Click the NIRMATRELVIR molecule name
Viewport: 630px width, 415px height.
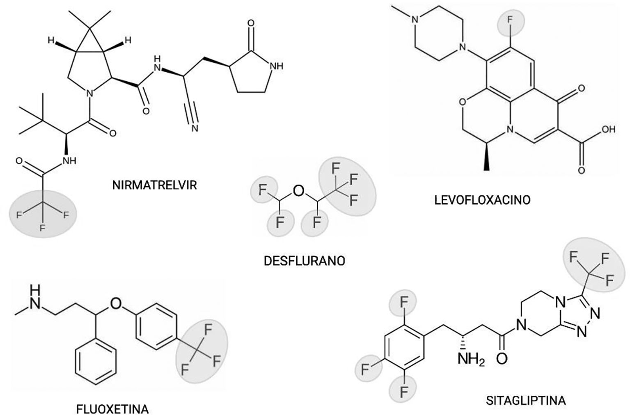click(154, 185)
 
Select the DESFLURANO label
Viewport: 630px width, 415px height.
click(305, 261)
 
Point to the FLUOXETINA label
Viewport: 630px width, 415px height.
click(112, 409)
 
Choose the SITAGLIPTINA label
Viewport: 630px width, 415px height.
click(526, 400)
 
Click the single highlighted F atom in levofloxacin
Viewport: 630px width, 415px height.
click(510, 21)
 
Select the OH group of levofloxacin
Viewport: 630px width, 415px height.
click(608, 130)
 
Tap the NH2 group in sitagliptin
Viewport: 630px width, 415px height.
click(471, 361)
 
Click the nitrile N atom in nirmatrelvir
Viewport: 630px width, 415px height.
click(194, 128)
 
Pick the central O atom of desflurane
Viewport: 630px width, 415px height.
click(299, 190)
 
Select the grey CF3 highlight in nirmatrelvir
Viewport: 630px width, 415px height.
click(43, 214)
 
